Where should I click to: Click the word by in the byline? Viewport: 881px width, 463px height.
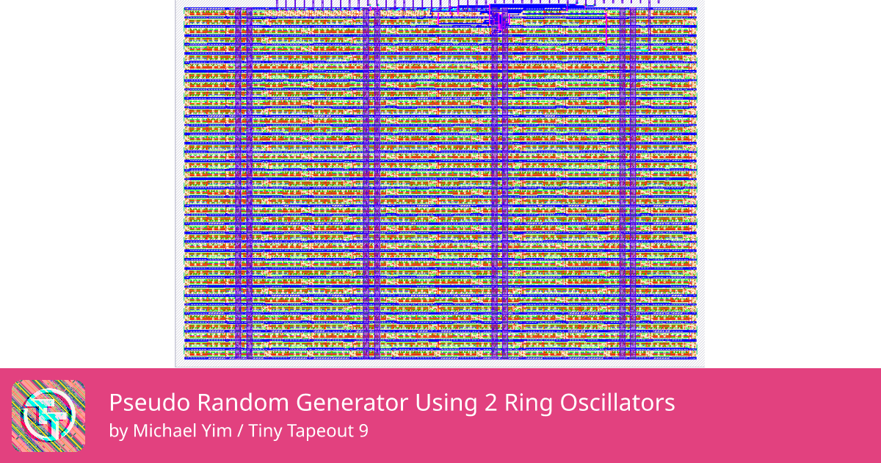pos(117,431)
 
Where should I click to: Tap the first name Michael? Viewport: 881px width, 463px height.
pos(164,431)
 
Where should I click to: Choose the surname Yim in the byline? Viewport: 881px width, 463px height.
pos(217,431)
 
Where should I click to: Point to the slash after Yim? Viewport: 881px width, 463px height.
pos(240,431)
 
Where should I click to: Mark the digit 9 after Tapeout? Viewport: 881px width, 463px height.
pos(362,431)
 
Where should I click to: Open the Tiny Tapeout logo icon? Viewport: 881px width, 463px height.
pos(48,416)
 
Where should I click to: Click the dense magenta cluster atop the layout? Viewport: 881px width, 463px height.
pos(498,18)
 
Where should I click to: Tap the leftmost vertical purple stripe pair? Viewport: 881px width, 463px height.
pos(243,184)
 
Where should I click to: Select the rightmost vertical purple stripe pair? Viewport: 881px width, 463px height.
pos(628,184)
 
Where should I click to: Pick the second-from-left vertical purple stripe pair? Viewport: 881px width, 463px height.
pos(371,184)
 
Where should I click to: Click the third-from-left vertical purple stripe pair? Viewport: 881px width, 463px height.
pos(499,184)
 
